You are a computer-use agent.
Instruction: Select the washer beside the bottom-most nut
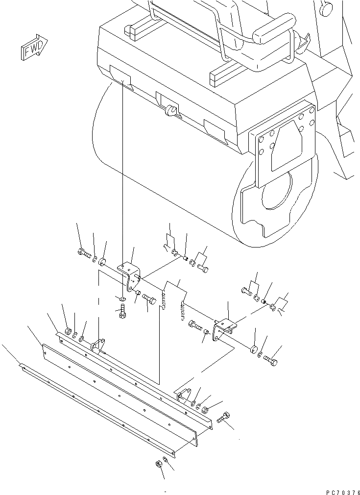(166, 460)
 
